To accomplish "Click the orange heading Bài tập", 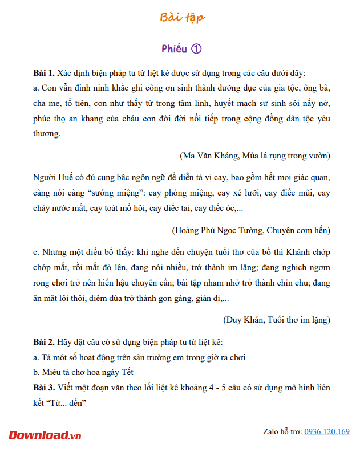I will tap(183, 18).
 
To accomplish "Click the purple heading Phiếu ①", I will tap(181, 49).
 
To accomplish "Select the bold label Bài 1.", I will tap(44, 74).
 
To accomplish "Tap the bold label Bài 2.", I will tap(44, 342).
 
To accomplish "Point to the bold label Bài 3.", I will tap(44, 388).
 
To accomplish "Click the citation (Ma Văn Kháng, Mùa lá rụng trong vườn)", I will tap(254, 155).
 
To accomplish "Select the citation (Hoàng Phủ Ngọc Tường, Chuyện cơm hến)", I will tap(250, 230).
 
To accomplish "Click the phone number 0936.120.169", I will tap(327, 431).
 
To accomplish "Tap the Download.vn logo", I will tap(45, 435).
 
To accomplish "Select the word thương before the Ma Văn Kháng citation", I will tap(47, 133).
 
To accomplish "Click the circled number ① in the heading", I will tap(196, 49).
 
